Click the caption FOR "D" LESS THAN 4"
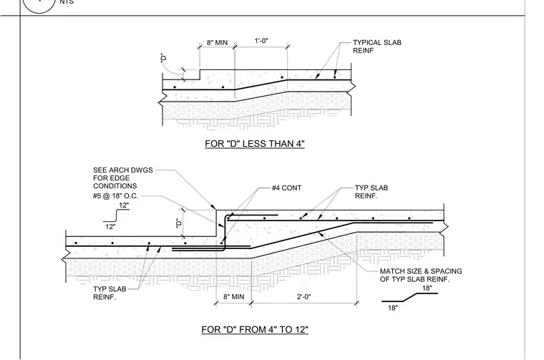255,144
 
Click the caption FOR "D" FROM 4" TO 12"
255,329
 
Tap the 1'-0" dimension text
261,41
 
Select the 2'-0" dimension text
304,297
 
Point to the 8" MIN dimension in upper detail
217,43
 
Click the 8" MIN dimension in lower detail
233,297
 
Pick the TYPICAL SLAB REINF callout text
377,47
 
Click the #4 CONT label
286,188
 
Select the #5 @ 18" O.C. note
115,196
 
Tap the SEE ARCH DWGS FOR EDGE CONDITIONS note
123,178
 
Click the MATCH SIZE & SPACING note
421,275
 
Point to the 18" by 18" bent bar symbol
409,298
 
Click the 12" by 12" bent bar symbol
116,215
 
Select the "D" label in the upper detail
164,57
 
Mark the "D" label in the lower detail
179,223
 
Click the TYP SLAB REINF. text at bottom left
110,293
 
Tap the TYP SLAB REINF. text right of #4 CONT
371,192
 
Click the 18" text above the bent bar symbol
427,288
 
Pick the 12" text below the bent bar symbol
110,227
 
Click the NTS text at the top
67,2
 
